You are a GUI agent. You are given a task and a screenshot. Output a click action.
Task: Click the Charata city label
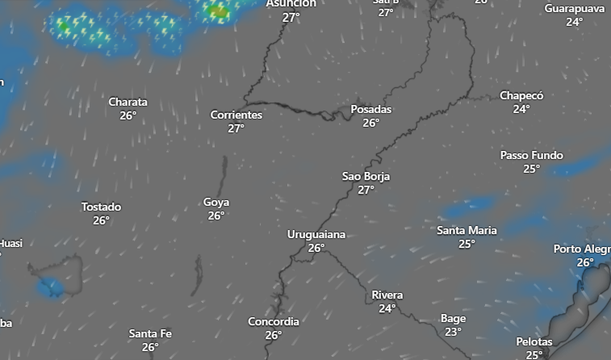(128, 102)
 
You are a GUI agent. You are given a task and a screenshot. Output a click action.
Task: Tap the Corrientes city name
(236, 115)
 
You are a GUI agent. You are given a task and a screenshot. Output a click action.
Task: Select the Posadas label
(370, 109)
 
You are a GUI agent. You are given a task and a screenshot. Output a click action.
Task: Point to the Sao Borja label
(366, 176)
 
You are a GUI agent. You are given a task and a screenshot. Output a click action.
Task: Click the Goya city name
(216, 202)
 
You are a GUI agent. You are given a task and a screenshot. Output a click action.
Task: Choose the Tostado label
(101, 207)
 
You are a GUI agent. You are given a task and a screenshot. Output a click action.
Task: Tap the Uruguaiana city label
(316, 234)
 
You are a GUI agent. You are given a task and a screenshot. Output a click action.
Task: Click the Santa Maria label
(467, 230)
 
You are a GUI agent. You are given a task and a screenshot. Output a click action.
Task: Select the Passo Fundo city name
(531, 155)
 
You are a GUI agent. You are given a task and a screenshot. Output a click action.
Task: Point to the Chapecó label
(521, 95)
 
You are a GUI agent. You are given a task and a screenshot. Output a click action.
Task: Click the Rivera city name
(387, 295)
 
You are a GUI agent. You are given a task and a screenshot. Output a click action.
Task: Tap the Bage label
(453, 318)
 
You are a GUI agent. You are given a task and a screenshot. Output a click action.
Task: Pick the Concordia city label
(273, 321)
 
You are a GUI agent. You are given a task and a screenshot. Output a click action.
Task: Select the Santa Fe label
(150, 333)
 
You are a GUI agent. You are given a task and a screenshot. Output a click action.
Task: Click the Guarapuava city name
(574, 8)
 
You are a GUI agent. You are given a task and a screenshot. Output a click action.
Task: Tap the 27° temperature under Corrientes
(236, 128)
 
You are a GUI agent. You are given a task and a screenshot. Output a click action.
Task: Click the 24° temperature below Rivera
(387, 308)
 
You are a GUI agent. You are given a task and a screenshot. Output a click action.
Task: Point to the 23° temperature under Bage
(453, 332)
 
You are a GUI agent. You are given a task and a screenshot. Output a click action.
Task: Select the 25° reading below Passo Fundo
(531, 169)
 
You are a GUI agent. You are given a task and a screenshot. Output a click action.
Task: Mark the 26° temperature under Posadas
(370, 123)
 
